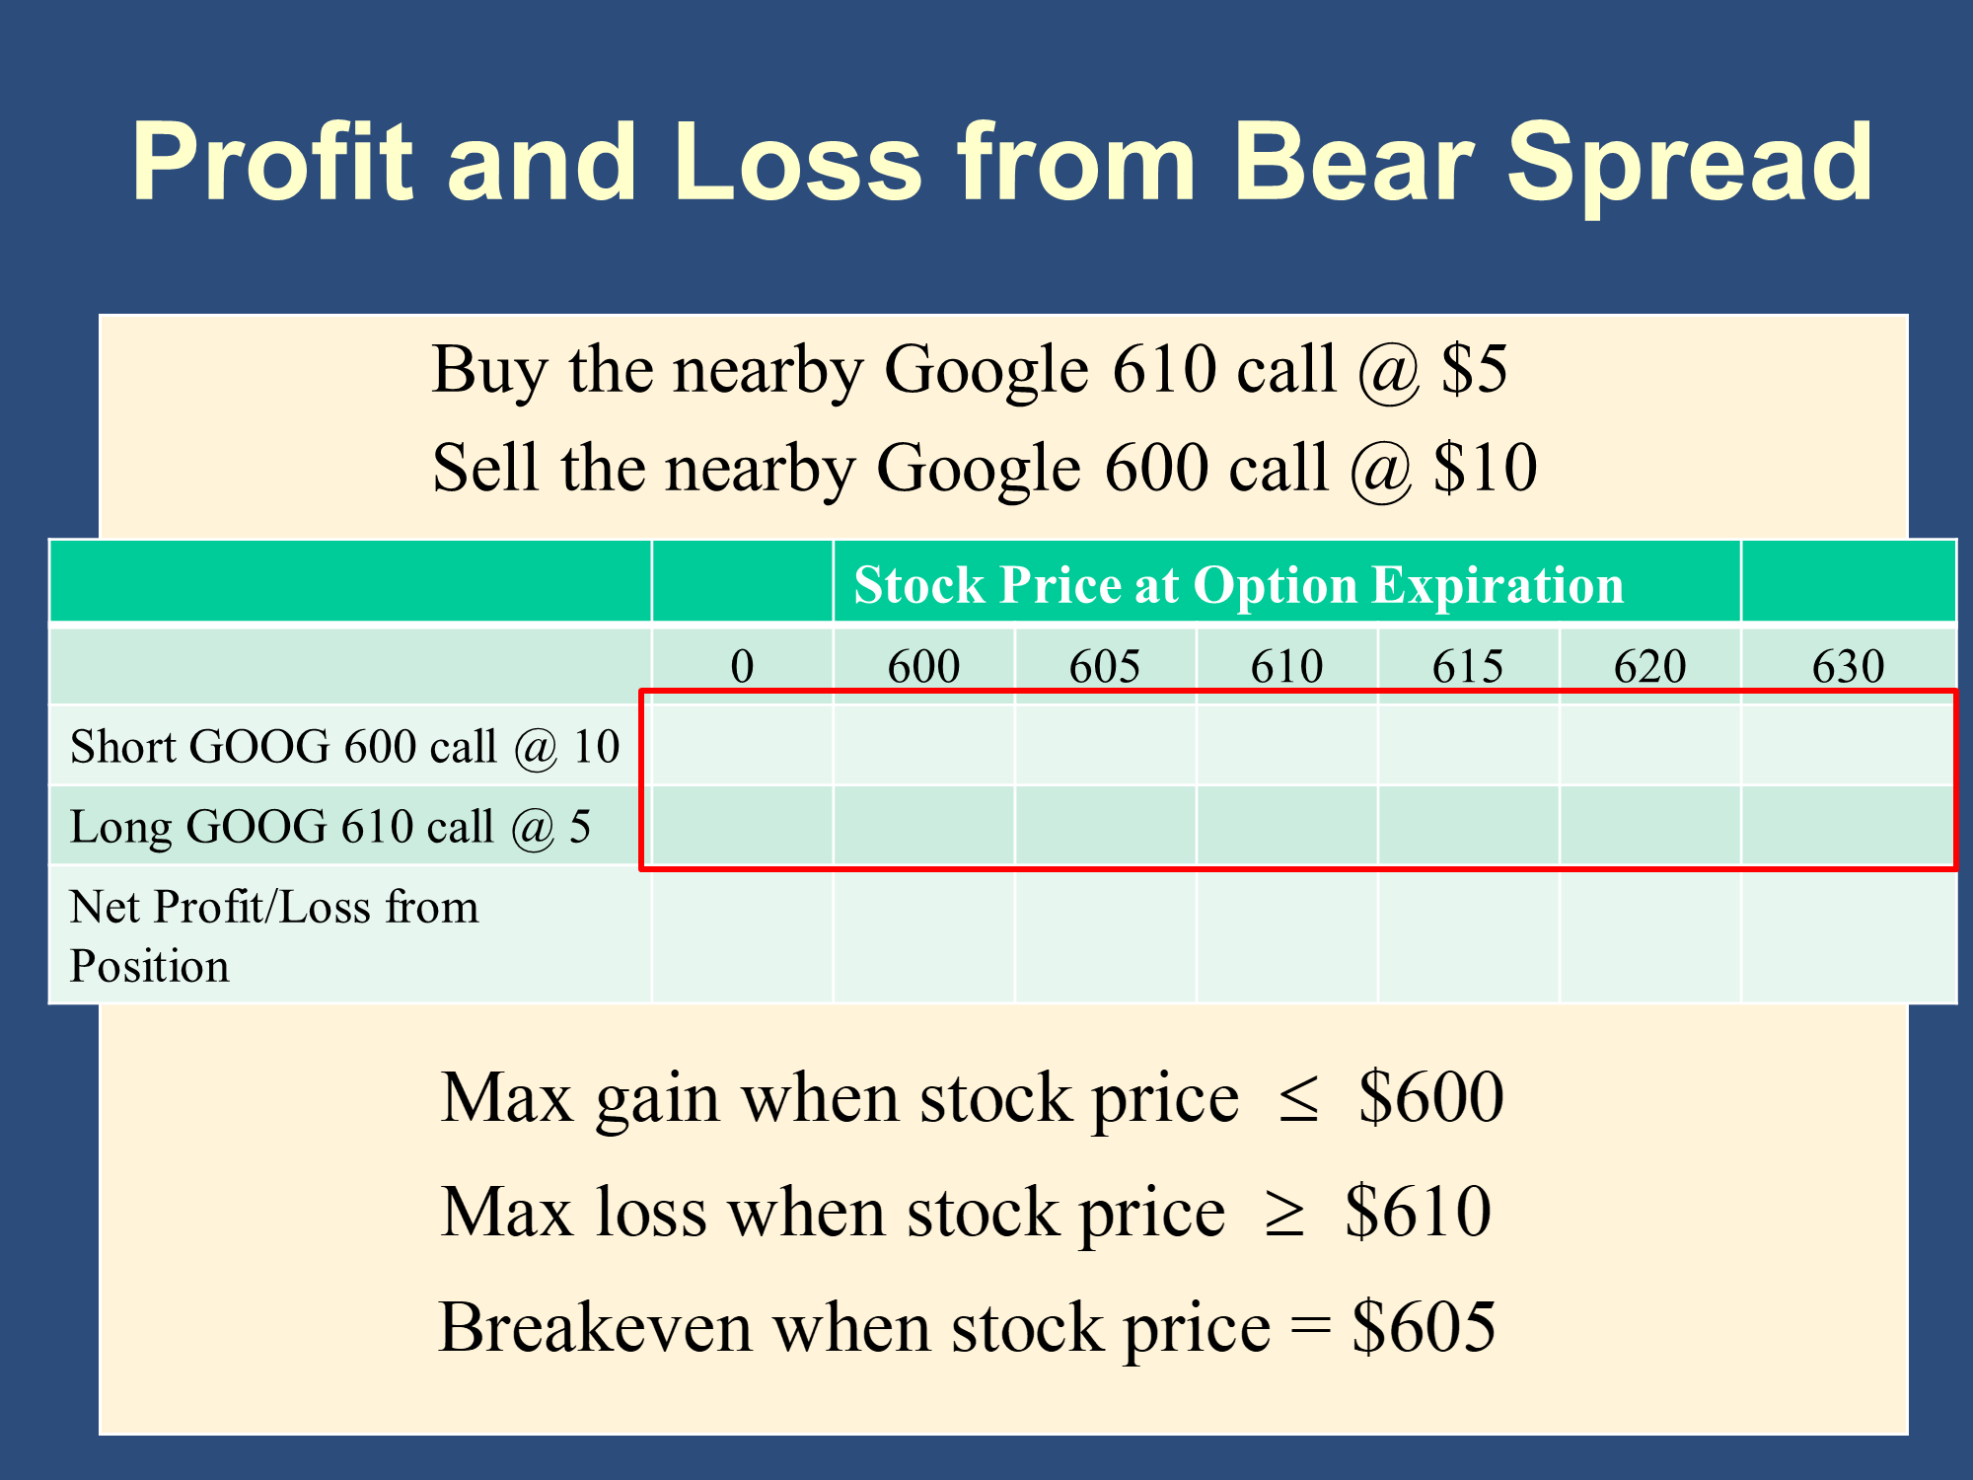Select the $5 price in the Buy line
(x=1474, y=371)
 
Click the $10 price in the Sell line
(x=1485, y=469)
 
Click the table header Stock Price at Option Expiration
(x=1238, y=585)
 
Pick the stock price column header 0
(x=742, y=666)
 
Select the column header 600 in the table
(x=923, y=666)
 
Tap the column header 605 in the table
(x=1105, y=666)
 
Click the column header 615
(x=1468, y=666)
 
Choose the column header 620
(x=1649, y=666)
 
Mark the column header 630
(x=1848, y=666)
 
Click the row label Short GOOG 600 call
(x=283, y=747)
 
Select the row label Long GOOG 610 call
(x=281, y=827)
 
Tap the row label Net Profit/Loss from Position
(x=274, y=935)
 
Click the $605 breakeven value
(x=1424, y=1327)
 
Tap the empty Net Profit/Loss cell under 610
(x=1287, y=935)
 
